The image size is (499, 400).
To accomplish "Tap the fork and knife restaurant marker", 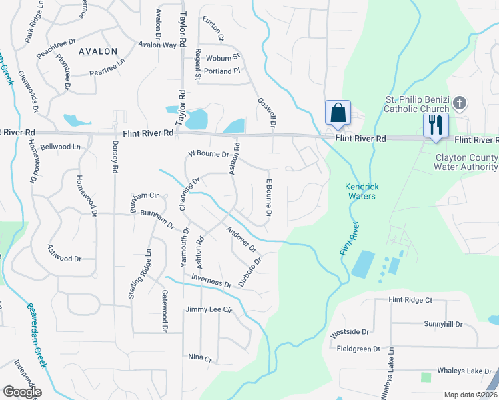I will [436, 125].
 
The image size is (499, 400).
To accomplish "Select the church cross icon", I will [459, 103].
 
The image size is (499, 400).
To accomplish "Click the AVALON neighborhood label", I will [98, 51].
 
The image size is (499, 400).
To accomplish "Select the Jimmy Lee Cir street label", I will [209, 310].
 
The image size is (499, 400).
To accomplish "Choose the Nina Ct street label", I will [199, 358].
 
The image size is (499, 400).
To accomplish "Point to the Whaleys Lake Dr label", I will [465, 371].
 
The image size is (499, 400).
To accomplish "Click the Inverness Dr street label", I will [211, 281].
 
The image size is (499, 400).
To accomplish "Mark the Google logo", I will [22, 391].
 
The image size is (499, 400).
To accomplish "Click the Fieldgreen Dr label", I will [358, 349].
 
